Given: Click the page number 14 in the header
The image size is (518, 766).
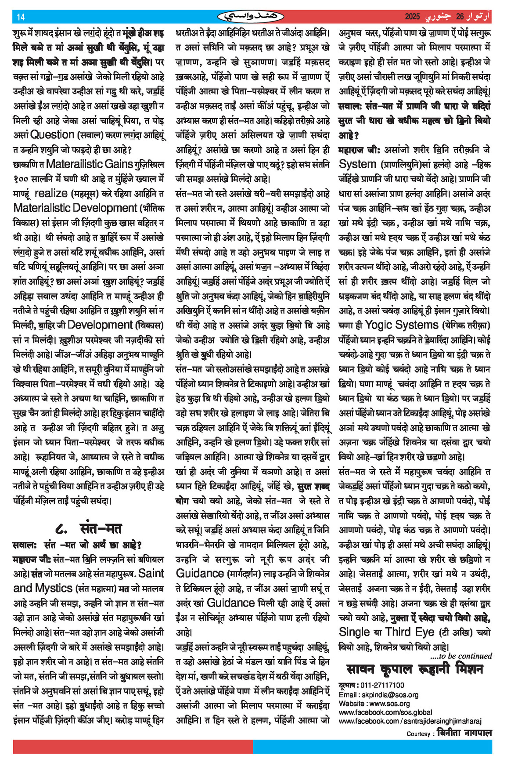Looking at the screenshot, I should click(21, 17).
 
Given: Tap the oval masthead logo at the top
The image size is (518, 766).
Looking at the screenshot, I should click(251, 17).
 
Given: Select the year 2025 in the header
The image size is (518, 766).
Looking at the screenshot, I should click(412, 17).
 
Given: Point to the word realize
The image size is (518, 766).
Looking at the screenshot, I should click(50, 193).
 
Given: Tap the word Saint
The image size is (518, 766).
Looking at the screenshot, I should click(151, 573).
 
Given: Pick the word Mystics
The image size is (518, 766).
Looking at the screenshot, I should click(54, 588).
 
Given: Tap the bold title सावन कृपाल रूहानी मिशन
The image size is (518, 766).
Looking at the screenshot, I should click(415, 669).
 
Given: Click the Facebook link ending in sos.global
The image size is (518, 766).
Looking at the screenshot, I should click(385, 712).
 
